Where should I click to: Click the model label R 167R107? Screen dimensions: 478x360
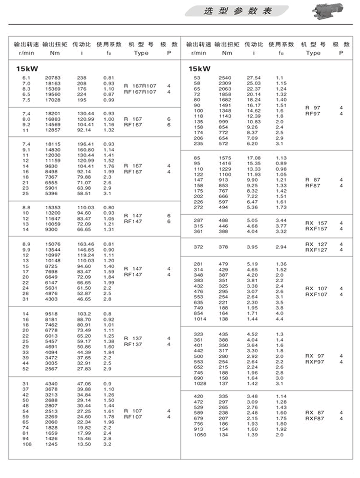click(x=140, y=86)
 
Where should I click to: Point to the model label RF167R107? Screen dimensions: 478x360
click(x=140, y=92)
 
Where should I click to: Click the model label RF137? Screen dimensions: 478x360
click(x=133, y=345)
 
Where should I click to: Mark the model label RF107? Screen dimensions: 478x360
click(x=133, y=417)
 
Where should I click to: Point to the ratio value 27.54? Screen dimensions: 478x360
click(x=254, y=77)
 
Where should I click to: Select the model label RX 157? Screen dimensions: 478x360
click(x=316, y=222)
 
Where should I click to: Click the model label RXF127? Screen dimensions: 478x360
click(x=316, y=250)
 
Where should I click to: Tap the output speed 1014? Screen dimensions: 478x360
click(x=200, y=319)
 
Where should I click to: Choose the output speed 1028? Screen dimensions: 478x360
click(x=200, y=384)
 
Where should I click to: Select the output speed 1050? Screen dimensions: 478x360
click(x=200, y=435)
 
